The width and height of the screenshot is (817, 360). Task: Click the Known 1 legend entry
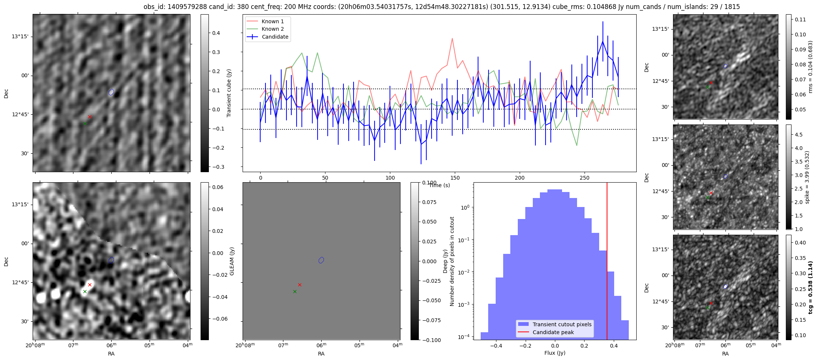(x=273, y=21)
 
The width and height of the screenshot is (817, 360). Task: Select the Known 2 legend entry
(x=273, y=29)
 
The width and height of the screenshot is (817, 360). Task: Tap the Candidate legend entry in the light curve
(x=275, y=37)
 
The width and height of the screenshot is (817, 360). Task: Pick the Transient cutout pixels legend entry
(x=562, y=324)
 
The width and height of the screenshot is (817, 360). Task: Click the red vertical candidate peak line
(x=607, y=262)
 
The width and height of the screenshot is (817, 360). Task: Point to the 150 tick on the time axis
(x=455, y=178)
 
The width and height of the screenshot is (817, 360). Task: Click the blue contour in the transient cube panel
(x=111, y=92)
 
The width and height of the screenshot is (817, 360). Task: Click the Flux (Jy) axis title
(x=555, y=353)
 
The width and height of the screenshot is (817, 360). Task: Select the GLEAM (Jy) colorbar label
(x=232, y=261)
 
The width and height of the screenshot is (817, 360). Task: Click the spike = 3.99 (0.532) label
(x=807, y=177)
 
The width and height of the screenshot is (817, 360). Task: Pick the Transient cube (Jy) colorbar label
(x=229, y=93)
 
